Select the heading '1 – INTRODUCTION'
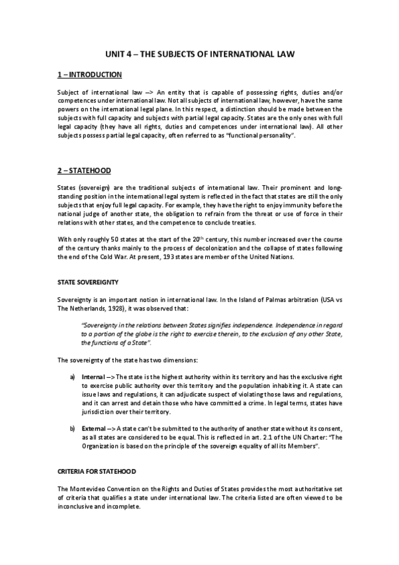click(x=88, y=74)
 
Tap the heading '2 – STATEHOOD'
click(x=83, y=171)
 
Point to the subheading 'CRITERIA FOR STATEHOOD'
click(x=97, y=472)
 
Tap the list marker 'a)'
click(x=72, y=376)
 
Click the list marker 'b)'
click(x=72, y=428)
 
